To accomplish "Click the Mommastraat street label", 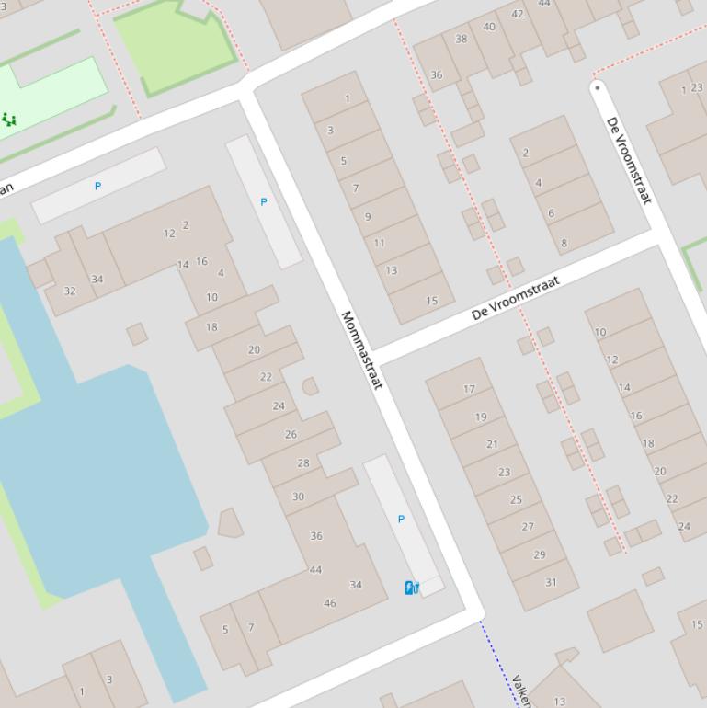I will pos(360,349).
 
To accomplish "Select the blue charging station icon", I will pos(411,588).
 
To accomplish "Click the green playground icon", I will pos(9,120).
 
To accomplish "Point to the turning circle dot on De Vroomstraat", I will pos(598,88).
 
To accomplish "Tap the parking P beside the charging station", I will pos(401,520).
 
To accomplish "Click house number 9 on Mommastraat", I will pos(368,217).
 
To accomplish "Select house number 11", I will pos(379,244).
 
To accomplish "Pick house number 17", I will pos(469,389).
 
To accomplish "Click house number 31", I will pos(551,582).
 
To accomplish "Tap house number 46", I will pos(330,604).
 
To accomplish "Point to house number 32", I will pos(70,291).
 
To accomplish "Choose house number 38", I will pos(462,39).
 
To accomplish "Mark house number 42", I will pos(517,14).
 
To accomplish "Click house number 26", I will pos(291,434).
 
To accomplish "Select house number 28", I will pos(303,463).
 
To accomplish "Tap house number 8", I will pos(564,244).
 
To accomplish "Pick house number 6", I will pos(552,213).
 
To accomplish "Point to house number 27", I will pos(528,527).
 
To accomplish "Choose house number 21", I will pos(492,444).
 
